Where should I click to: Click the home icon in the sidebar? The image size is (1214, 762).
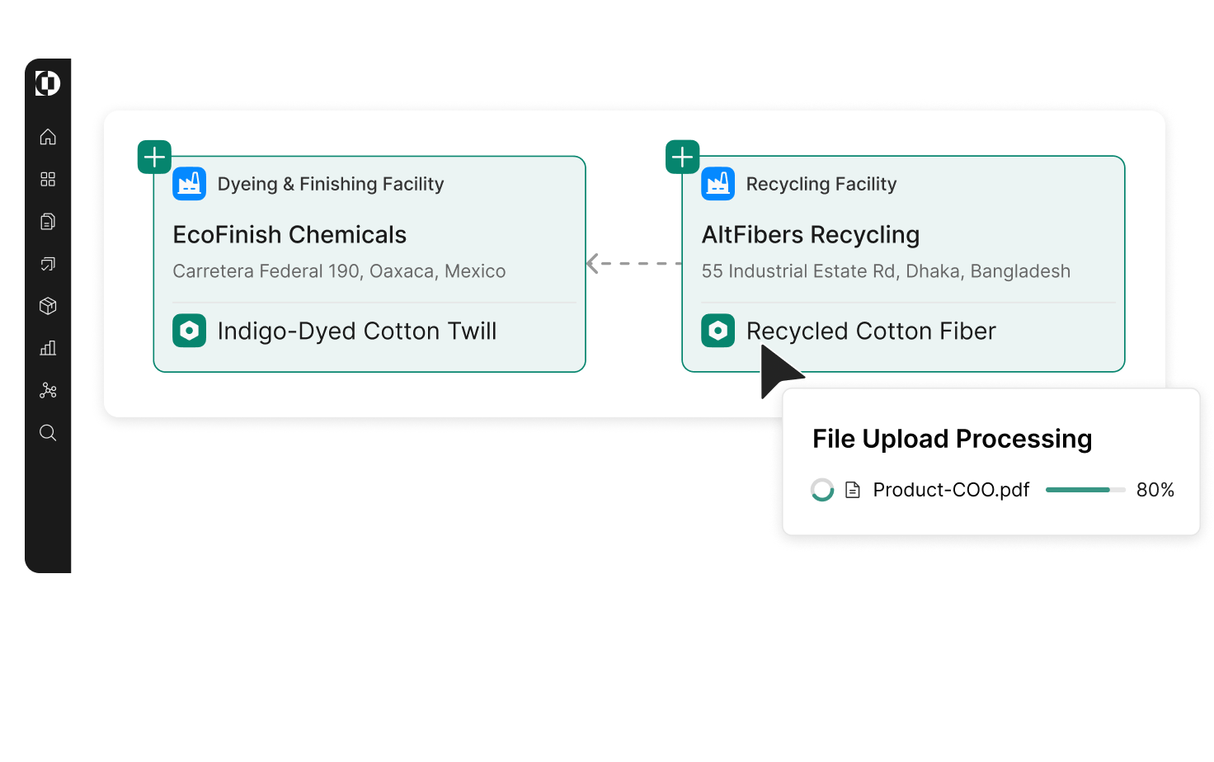(48, 137)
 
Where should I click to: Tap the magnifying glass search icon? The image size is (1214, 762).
(48, 433)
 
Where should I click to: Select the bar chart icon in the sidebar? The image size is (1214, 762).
(48, 348)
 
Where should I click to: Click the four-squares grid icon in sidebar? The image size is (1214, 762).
(48, 179)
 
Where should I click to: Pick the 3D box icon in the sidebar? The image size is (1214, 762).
(48, 306)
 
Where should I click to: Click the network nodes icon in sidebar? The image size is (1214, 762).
(48, 391)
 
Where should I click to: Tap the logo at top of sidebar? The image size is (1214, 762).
(48, 83)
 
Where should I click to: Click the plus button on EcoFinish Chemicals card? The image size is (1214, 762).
(154, 157)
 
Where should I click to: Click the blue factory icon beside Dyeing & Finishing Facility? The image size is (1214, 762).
(189, 184)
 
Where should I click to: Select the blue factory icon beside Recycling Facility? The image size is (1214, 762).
(718, 184)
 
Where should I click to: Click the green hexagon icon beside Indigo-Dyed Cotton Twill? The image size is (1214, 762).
(189, 331)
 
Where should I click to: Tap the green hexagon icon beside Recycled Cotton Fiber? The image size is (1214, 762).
(718, 331)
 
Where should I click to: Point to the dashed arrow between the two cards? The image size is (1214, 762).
(633, 264)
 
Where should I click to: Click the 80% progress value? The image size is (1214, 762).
(1155, 490)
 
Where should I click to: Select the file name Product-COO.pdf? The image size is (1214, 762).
(951, 490)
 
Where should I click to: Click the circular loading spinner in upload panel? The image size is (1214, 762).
(822, 490)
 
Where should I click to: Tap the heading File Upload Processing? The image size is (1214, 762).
(952, 439)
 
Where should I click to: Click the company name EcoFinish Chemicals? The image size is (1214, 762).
(289, 235)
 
